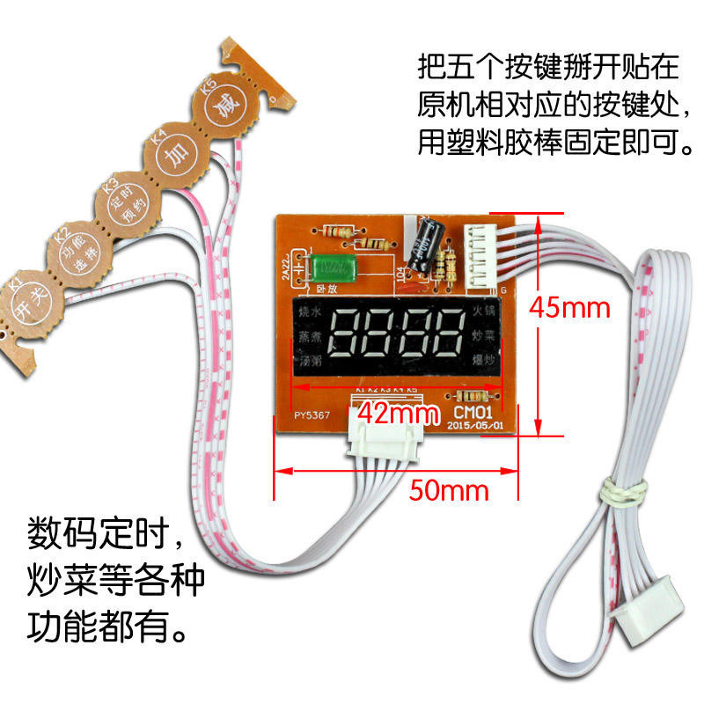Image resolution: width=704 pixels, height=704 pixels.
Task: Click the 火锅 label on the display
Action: [486, 312]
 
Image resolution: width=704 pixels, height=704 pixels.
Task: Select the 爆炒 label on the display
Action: [486, 361]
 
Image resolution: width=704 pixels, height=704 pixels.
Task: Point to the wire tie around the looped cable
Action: [620, 494]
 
